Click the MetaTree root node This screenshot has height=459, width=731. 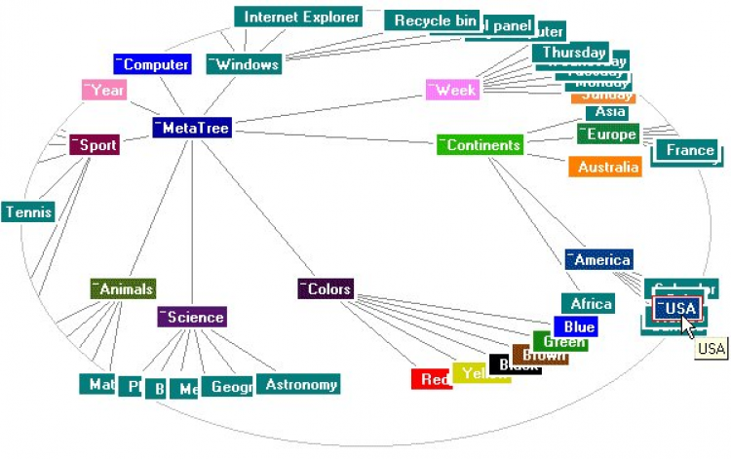pos(191,128)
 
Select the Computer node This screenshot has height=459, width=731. pos(151,65)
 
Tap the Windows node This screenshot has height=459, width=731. pos(244,65)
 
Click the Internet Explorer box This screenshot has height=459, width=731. pos(298,17)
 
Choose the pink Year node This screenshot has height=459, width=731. pos(103,91)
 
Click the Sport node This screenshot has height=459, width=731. pos(94,145)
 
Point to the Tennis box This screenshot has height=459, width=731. pos(27,211)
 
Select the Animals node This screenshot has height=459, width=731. pos(123,288)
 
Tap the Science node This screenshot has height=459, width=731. pos(192,317)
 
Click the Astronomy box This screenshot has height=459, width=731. pos(298,385)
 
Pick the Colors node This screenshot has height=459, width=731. pos(326,289)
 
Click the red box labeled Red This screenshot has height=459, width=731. pos(430,380)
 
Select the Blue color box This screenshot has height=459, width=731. pos(575,327)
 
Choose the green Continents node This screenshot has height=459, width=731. pos(479,145)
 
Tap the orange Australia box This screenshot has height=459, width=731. pos(604,168)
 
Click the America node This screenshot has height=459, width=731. pos(598,259)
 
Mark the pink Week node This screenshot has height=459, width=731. pos(452,90)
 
